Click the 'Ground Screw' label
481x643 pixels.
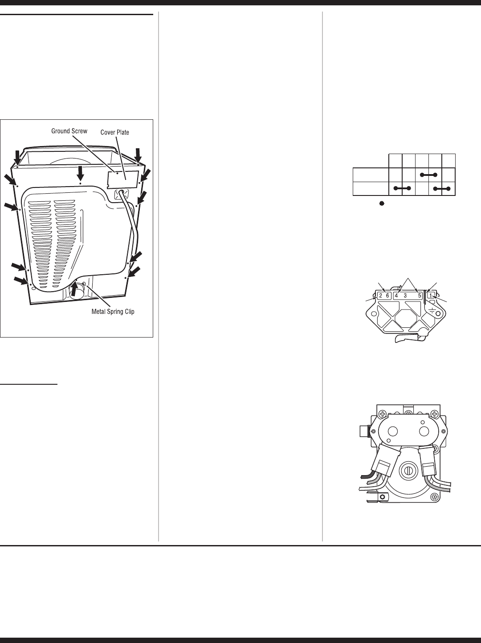click(69, 131)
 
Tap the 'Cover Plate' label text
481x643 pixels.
click(114, 132)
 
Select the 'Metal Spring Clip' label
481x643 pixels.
click(113, 312)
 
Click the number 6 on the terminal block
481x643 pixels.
click(387, 296)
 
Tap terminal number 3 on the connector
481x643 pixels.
click(405, 296)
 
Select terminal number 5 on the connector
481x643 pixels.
click(420, 296)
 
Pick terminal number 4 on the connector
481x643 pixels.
click(396, 296)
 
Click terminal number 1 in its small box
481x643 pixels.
click(431, 296)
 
